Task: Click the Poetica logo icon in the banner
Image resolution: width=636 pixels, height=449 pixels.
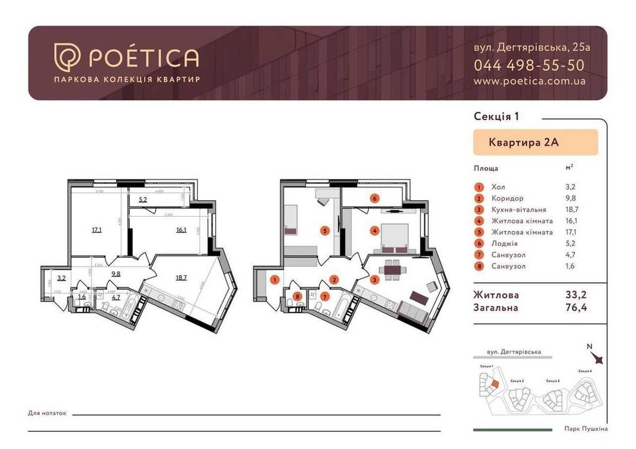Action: click(66, 57)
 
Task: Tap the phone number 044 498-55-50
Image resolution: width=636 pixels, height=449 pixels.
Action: click(529, 65)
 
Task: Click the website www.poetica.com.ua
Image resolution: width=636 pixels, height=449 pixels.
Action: click(529, 81)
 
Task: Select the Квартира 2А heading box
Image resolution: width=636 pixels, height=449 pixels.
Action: click(535, 142)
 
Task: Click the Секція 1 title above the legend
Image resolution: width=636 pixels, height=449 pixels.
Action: click(495, 116)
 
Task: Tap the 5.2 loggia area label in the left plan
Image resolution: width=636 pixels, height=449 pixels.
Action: click(143, 199)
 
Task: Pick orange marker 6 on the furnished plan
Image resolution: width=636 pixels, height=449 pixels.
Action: click(375, 198)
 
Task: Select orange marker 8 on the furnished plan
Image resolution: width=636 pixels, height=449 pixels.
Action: click(297, 297)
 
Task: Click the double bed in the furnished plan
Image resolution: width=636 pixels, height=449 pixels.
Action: click(394, 239)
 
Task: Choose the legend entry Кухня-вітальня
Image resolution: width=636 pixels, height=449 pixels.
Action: click(518, 210)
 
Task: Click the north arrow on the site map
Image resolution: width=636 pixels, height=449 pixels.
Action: click(596, 360)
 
